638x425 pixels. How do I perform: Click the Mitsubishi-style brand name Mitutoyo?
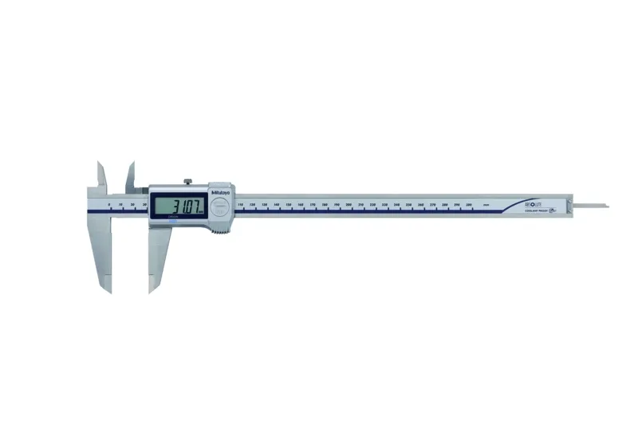pyautogui.click(x=221, y=191)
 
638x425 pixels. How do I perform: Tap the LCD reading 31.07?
pyautogui.click(x=180, y=206)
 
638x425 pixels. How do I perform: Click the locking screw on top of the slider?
pyautogui.click(x=185, y=182)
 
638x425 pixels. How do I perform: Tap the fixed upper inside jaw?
pyautogui.click(x=101, y=175)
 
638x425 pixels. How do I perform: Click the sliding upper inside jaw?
pyautogui.click(x=130, y=176)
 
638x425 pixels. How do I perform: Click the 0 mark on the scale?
pyautogui.click(x=108, y=205)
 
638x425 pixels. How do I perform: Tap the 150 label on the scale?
pyautogui.click(x=288, y=205)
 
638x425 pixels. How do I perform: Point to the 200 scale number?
pyautogui.click(x=349, y=205)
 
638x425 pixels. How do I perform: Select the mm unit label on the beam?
pyautogui.click(x=496, y=205)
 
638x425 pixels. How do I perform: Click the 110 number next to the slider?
pyautogui.click(x=240, y=205)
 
